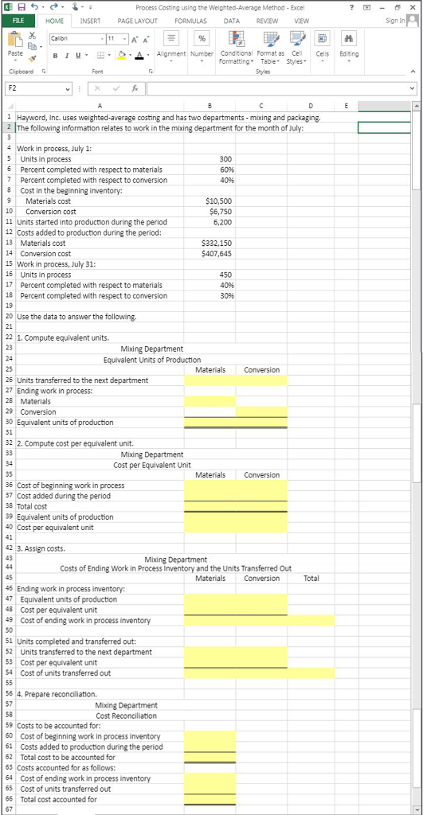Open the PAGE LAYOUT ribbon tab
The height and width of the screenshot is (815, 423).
pos(136,21)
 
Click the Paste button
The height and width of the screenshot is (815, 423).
pos(14,47)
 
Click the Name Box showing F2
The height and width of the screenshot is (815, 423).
pos(40,88)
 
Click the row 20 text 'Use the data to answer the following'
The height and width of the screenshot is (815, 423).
pos(76,317)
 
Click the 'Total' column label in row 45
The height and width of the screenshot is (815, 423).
pos(311,579)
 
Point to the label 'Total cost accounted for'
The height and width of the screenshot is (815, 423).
pos(58,799)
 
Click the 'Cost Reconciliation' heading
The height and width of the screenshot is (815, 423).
pos(126,716)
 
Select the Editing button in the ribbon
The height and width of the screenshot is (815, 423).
pos(348,47)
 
